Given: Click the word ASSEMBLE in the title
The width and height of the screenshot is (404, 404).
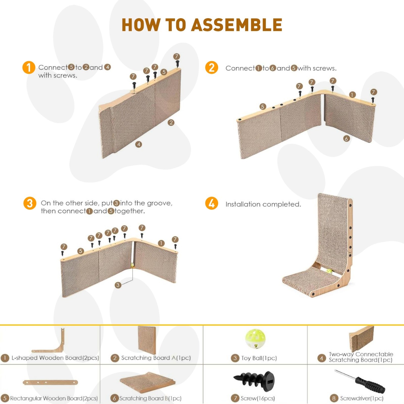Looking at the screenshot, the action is pyautogui.click(x=237, y=25).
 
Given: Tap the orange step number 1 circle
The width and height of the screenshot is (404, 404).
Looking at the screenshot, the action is pyautogui.click(x=29, y=68).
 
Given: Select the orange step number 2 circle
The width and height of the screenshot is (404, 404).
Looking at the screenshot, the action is pyautogui.click(x=212, y=68).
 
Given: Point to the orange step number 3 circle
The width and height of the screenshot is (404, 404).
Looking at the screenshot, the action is pyautogui.click(x=30, y=203).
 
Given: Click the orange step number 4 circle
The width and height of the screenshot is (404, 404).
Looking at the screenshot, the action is pyautogui.click(x=212, y=203).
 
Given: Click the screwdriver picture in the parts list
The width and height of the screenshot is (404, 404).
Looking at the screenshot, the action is pyautogui.click(x=360, y=381).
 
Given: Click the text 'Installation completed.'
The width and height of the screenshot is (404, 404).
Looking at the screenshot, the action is pyautogui.click(x=263, y=204).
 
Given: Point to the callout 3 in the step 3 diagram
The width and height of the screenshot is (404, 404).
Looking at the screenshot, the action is pyautogui.click(x=118, y=285).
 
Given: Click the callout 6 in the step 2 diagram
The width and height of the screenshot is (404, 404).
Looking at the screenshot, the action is pyautogui.click(x=346, y=138).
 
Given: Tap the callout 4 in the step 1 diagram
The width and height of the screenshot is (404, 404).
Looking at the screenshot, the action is pyautogui.click(x=139, y=144).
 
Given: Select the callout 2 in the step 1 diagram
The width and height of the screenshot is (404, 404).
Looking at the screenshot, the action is pyautogui.click(x=171, y=123).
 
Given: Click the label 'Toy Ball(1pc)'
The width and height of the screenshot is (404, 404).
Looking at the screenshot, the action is pyautogui.click(x=259, y=358).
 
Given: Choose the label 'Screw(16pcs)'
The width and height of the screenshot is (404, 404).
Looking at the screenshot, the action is pyautogui.click(x=258, y=398).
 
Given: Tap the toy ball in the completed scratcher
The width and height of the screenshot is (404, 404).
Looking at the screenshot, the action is pyautogui.click(x=329, y=272).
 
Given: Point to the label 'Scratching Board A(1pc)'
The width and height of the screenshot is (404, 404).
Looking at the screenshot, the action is pyautogui.click(x=156, y=358).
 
